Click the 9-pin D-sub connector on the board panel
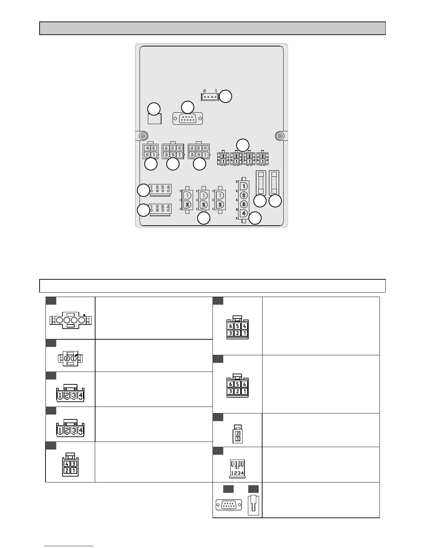(x=187, y=119)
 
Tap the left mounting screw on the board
(x=142, y=135)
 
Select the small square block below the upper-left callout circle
(x=155, y=119)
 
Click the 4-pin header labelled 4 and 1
(x=210, y=97)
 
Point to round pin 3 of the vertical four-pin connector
(x=244, y=204)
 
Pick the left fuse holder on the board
(x=261, y=183)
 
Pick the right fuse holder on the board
(x=275, y=183)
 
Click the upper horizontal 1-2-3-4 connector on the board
(x=160, y=189)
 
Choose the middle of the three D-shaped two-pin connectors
(x=203, y=200)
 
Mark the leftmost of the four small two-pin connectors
(x=223, y=158)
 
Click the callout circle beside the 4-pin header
(x=226, y=96)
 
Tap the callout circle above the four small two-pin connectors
(x=243, y=145)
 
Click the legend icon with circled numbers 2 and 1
(x=70, y=358)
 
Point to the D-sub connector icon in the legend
(x=228, y=505)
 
